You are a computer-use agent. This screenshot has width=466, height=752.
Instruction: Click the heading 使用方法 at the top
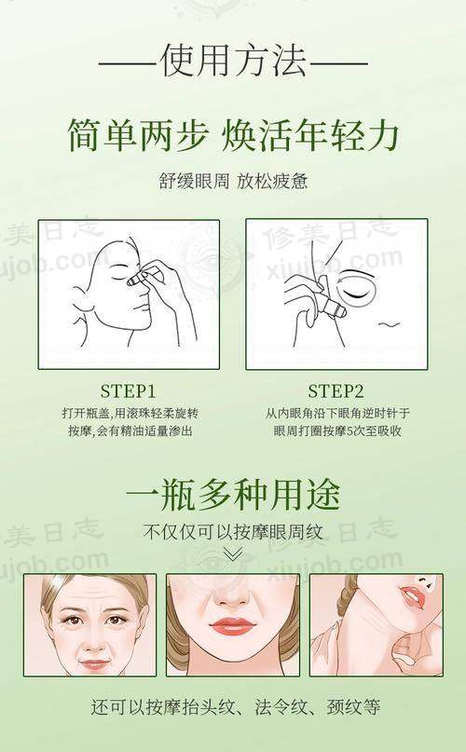(233, 63)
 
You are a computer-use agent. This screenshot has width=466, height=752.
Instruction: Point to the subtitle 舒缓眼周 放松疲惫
(233, 181)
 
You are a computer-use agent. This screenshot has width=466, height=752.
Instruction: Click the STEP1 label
(128, 389)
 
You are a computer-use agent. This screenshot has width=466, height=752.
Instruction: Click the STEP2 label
(337, 389)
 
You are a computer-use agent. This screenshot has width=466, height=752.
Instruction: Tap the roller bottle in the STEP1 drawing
(143, 275)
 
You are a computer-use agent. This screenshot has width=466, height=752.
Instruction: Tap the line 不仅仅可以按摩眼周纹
(233, 533)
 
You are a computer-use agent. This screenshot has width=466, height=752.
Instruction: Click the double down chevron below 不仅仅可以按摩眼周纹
(233, 554)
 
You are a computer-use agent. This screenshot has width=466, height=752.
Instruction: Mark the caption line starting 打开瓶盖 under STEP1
(128, 412)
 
